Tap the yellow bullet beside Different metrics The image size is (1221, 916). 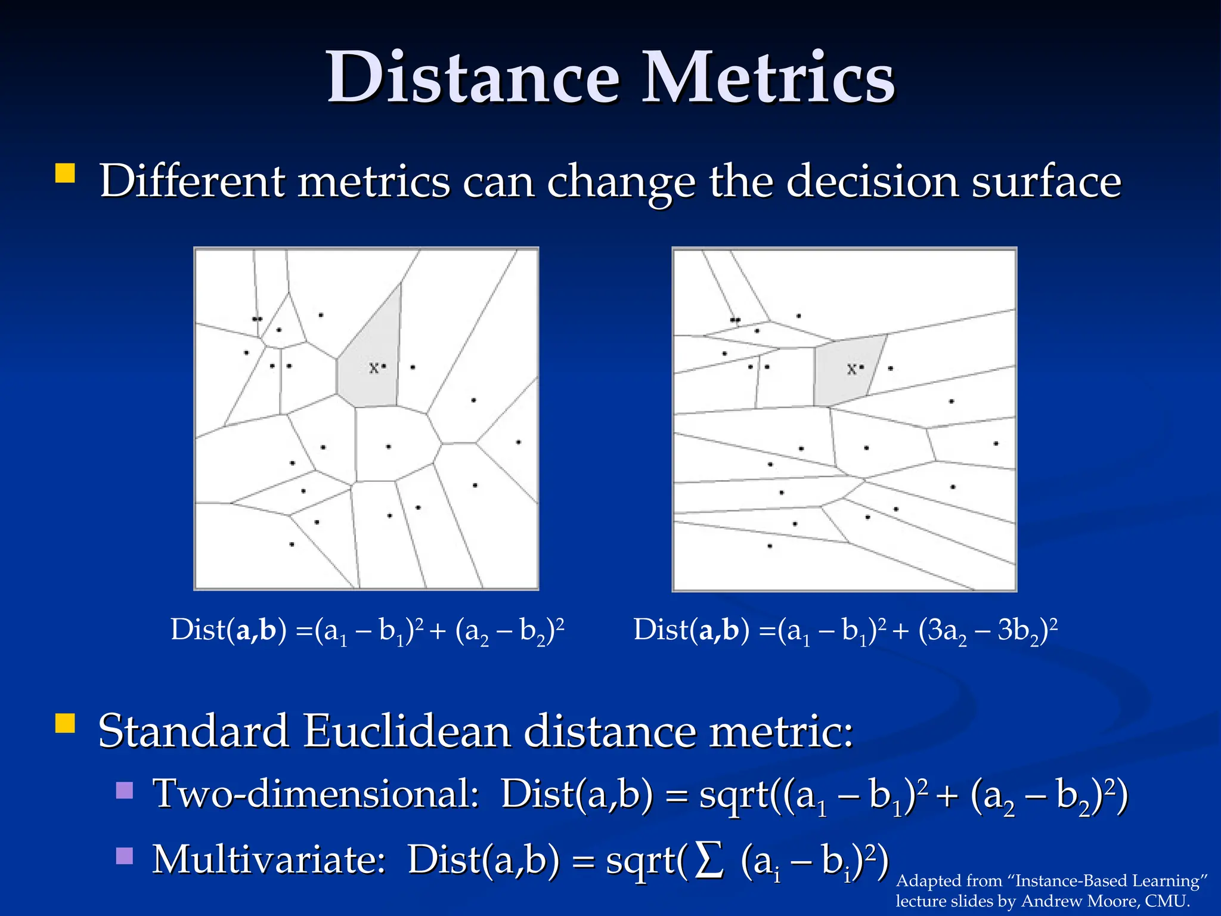coord(65,174)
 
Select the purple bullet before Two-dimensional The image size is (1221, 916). coord(125,791)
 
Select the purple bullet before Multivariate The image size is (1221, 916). coord(125,856)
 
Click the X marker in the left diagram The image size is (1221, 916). coord(374,368)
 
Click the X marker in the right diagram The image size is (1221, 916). coord(852,369)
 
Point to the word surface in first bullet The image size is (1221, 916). coord(1046,182)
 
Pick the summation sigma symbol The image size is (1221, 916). coord(709,860)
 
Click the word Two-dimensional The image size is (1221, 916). coord(316,794)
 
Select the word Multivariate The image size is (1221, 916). coord(269,860)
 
